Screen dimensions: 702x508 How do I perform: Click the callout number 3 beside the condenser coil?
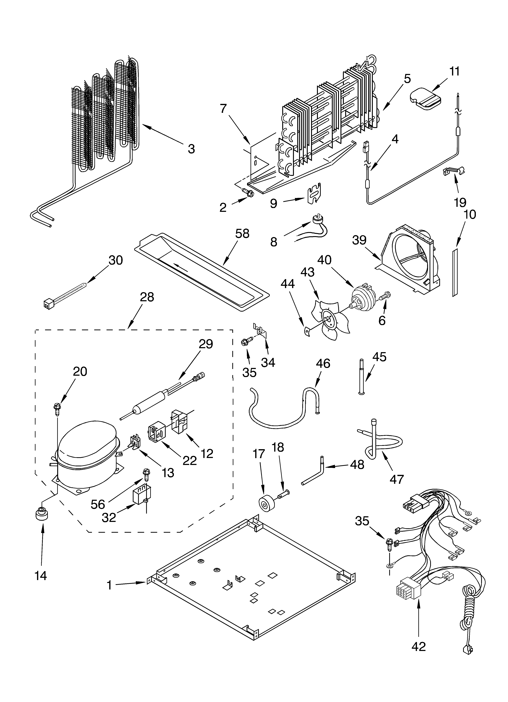(x=191, y=149)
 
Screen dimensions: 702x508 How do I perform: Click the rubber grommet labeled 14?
(x=41, y=514)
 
